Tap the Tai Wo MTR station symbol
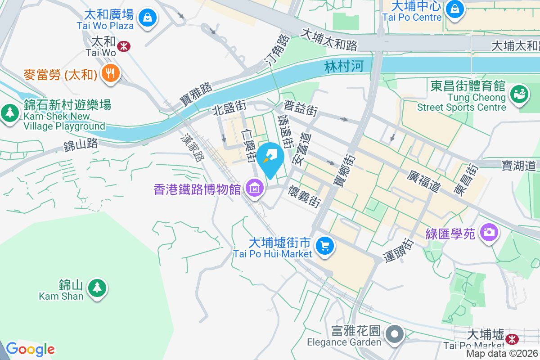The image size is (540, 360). (123, 45)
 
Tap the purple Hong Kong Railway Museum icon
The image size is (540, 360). (255, 189)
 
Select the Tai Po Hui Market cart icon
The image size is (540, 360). (324, 246)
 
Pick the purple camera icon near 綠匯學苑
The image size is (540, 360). (488, 233)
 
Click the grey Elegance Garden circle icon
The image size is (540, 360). (396, 334)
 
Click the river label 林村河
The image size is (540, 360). (343, 67)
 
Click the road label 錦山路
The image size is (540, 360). (81, 145)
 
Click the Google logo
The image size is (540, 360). (30, 349)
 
